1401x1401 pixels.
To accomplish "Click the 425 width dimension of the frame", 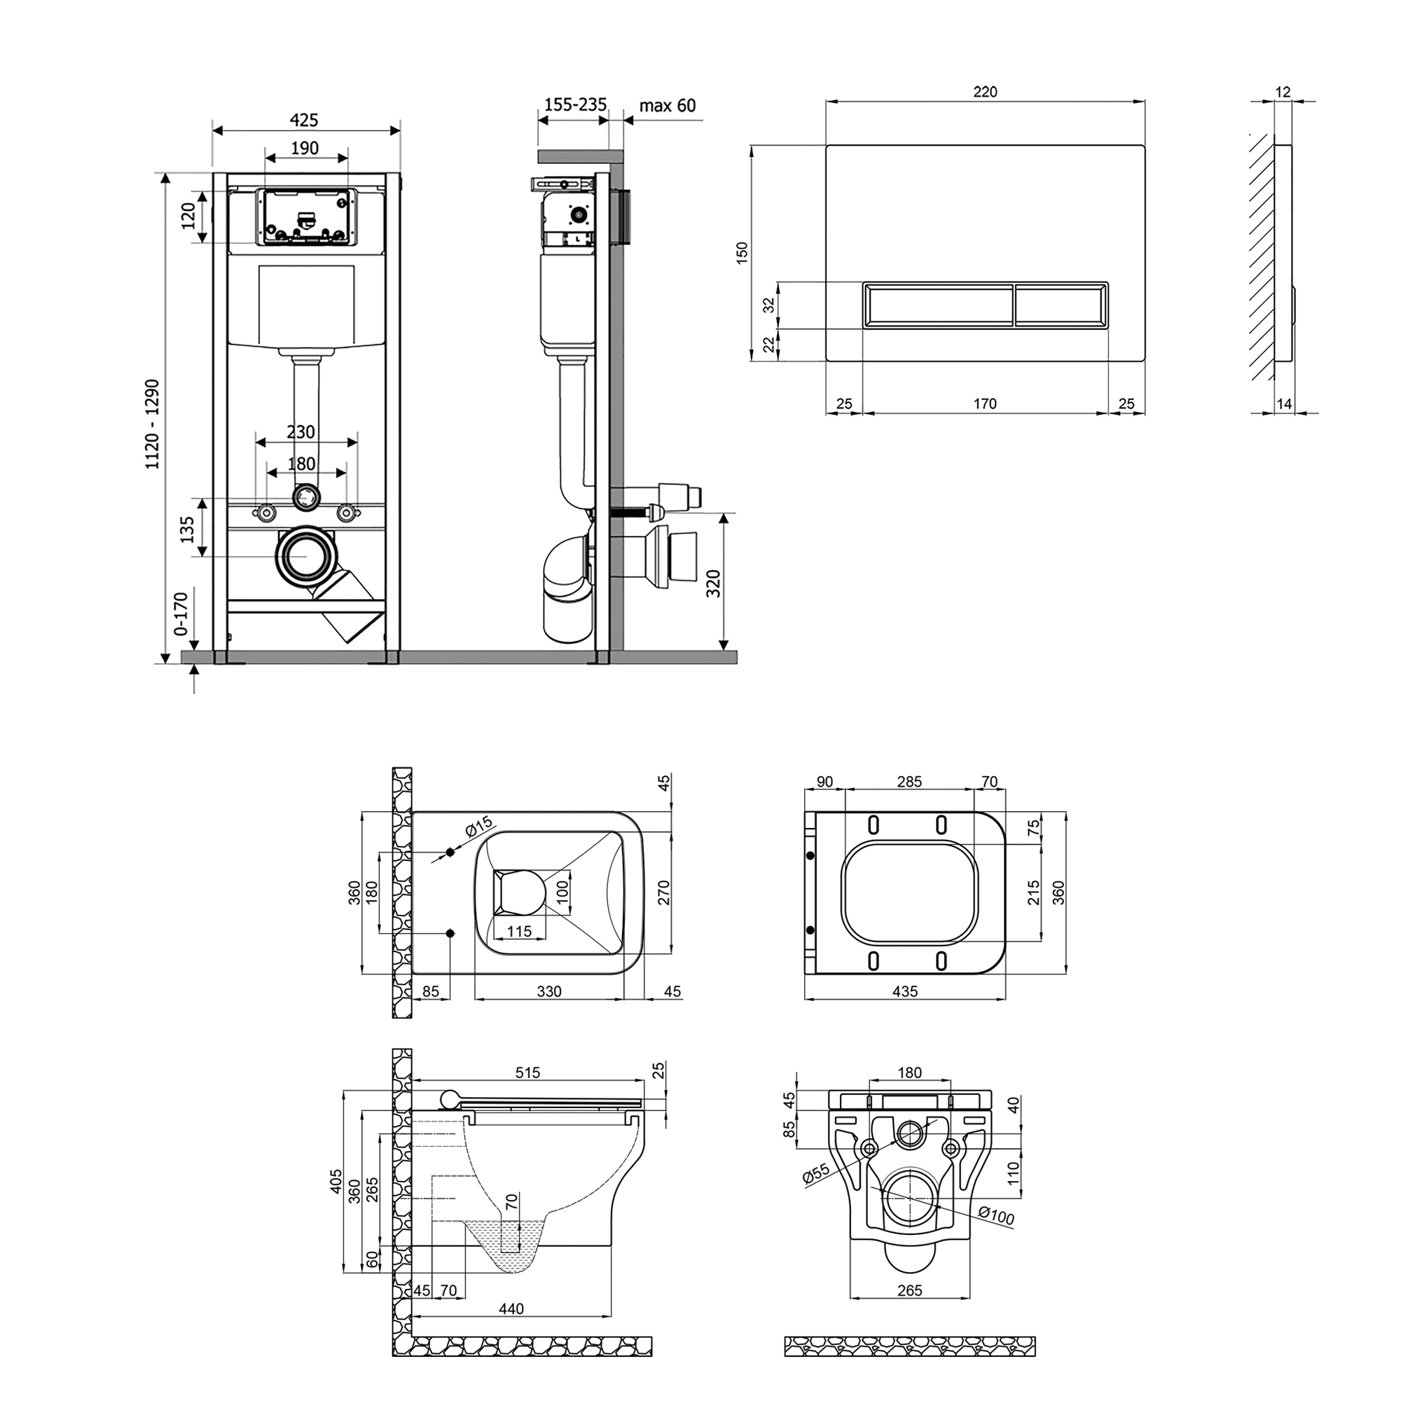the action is coord(305,120).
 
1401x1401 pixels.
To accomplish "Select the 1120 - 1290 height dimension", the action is coord(153,425).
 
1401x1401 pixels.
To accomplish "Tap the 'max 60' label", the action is coord(667,106).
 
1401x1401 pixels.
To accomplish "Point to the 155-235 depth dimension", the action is coord(575,105).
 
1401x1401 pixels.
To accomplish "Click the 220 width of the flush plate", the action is coord(986,92).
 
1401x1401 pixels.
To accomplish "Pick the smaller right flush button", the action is coord(1061,305).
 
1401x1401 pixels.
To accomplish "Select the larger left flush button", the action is coord(939,305).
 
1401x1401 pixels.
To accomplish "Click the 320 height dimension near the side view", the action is coord(715,584).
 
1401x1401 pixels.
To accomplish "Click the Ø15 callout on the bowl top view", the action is coord(478,827).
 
